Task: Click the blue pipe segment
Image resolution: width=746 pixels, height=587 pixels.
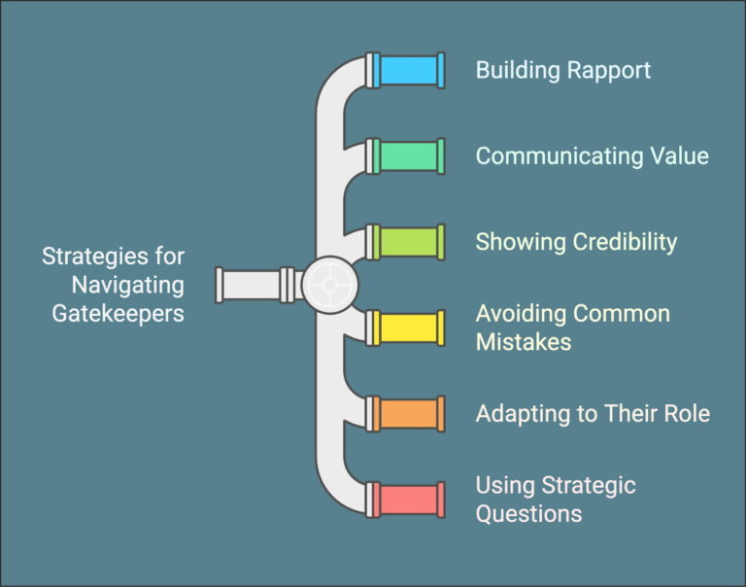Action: coord(407,70)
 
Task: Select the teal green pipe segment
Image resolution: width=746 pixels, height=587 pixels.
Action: coord(407,155)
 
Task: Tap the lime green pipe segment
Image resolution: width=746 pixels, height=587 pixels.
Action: coord(407,242)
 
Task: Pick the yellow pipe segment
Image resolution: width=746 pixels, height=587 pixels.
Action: coord(407,328)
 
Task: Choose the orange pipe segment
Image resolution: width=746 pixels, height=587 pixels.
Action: coord(407,413)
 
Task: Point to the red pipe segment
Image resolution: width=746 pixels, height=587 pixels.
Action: coord(407,499)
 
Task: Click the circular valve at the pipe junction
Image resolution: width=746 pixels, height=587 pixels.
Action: coord(329,285)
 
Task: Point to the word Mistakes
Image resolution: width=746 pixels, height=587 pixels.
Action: coord(524,341)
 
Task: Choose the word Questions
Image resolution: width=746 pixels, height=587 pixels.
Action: coord(528,513)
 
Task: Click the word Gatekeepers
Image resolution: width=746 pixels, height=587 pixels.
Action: coord(119,314)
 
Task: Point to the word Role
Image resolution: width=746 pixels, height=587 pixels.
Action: coord(686,413)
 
